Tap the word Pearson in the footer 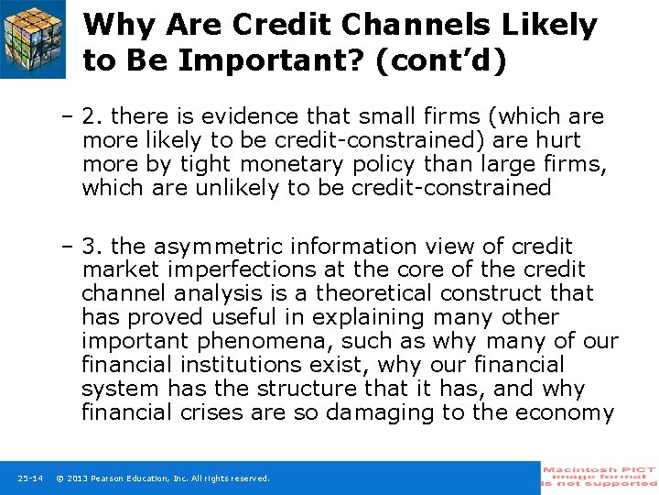click(114, 478)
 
